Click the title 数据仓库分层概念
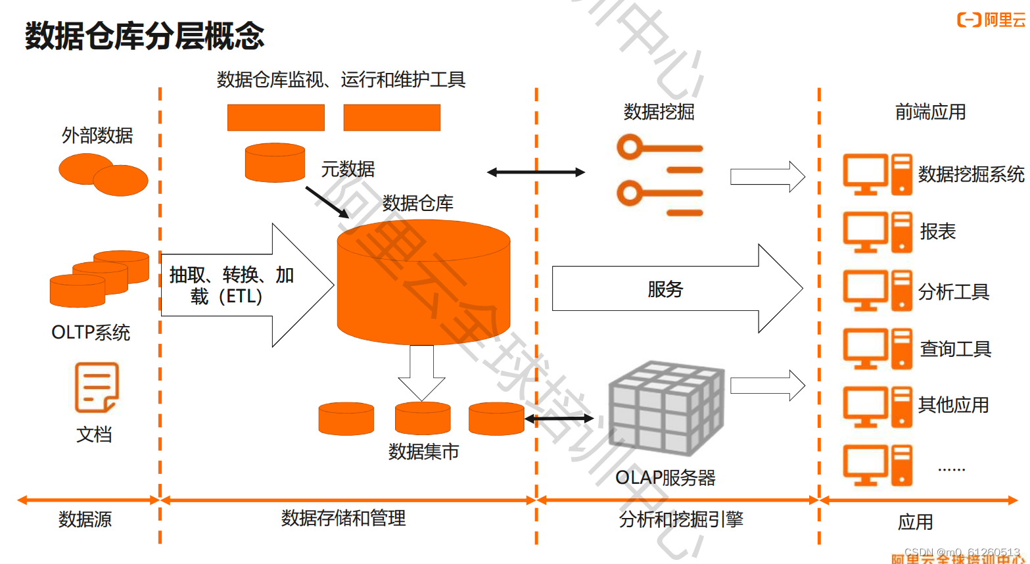[145, 35]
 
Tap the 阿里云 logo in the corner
[991, 20]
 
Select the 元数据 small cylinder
[275, 162]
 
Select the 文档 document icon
[97, 388]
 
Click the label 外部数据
[97, 135]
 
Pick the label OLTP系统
[91, 333]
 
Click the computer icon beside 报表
[878, 232]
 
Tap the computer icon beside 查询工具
[878, 348]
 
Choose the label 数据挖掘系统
[971, 174]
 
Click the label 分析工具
[953, 291]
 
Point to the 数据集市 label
[423, 452]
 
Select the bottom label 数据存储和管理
[343, 518]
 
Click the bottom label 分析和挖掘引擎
[681, 519]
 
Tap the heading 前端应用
[930, 112]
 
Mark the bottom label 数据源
[85, 519]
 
